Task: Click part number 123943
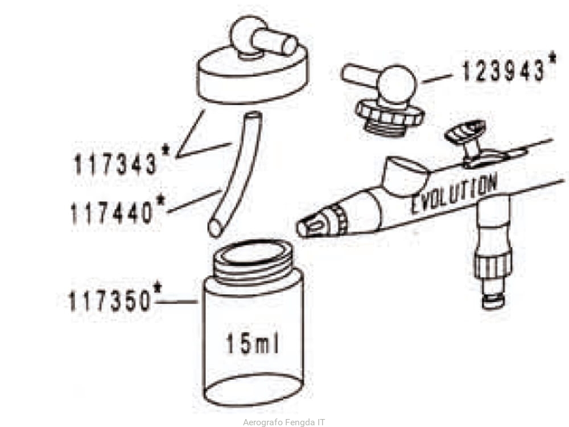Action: pos(504,71)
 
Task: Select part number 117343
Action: pos(116,164)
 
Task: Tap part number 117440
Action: pos(112,213)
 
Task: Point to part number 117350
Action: pos(109,301)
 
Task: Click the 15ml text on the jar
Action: pos(253,343)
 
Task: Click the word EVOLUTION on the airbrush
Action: pos(453,195)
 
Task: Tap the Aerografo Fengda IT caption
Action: pos(284,422)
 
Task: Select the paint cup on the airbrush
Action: pos(404,175)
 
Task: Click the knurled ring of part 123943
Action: pos(390,114)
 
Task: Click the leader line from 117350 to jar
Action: pos(176,302)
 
